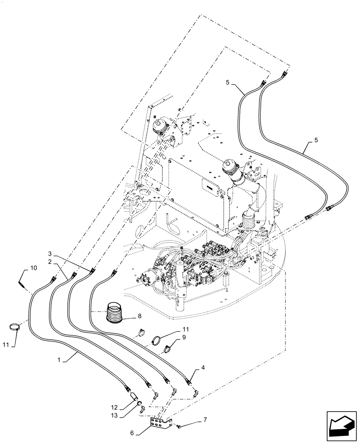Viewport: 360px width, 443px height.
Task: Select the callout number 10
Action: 33,268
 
